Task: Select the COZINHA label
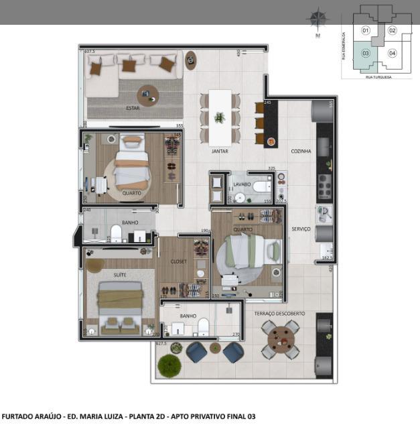click(301, 151)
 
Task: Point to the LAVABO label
click(242, 183)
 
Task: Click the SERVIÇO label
click(301, 229)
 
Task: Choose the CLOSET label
click(179, 261)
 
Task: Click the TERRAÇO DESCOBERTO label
click(280, 314)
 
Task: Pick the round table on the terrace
click(280, 339)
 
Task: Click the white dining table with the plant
click(220, 117)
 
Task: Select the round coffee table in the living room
click(149, 95)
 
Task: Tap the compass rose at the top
click(317, 18)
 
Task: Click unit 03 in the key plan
click(366, 53)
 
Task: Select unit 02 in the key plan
click(393, 30)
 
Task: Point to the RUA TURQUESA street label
click(378, 77)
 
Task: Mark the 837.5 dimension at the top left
click(88, 51)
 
